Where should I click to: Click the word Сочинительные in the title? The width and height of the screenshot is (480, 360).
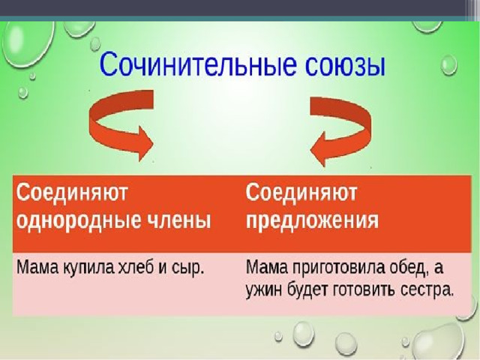(198, 64)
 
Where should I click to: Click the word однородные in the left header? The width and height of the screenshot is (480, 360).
(79, 220)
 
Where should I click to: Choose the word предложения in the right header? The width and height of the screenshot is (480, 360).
(312, 220)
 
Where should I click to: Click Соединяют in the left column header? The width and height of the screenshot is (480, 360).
(72, 193)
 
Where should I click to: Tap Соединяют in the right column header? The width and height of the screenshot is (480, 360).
(301, 193)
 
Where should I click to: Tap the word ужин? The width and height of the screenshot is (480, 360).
(264, 289)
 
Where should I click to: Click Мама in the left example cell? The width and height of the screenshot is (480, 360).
(37, 268)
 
